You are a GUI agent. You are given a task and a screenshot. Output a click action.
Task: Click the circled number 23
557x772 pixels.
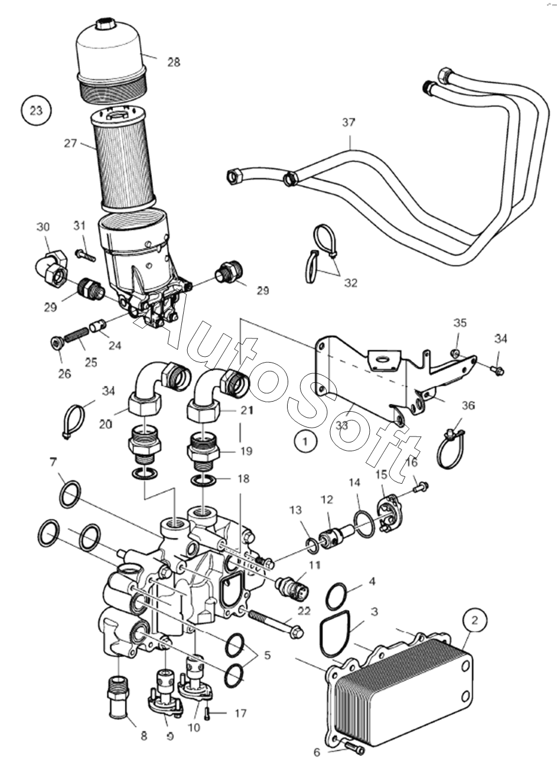[36, 110]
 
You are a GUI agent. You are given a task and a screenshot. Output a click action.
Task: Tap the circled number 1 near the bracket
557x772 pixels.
[305, 441]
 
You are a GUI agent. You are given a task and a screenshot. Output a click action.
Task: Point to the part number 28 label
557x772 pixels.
[173, 62]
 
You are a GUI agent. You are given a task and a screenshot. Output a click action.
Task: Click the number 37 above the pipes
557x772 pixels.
[348, 123]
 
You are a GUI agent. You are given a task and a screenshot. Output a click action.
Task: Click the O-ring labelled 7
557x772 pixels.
[70, 494]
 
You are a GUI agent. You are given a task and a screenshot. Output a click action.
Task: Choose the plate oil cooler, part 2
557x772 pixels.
[402, 691]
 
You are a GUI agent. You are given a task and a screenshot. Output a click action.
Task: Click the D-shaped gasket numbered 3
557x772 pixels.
[335, 636]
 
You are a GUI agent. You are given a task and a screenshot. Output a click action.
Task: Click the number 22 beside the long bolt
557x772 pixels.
[304, 611]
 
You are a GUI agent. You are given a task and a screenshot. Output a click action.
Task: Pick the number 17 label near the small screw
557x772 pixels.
[240, 714]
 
